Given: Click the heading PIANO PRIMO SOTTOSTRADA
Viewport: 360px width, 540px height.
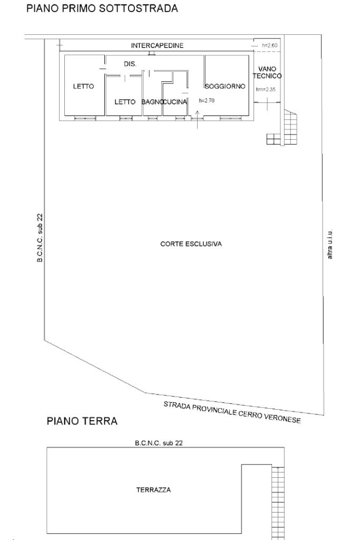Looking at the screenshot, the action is tap(102, 8).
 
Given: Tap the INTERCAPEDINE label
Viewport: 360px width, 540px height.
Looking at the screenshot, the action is tap(157, 45).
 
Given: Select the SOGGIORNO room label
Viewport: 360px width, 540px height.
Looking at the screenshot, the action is tap(225, 86).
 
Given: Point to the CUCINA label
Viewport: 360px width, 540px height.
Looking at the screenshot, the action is tap(176, 102).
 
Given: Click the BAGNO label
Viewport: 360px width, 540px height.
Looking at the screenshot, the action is tap(152, 102).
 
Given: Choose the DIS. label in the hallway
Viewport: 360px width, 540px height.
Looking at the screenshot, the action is tap(130, 63).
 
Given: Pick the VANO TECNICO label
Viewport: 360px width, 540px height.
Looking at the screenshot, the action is tap(267, 72).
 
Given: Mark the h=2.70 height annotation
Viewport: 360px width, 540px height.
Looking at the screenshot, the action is tap(206, 100).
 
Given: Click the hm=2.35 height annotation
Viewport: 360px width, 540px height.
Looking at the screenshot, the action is tap(266, 90).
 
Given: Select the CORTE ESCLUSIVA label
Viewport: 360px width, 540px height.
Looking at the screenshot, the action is tap(191, 244).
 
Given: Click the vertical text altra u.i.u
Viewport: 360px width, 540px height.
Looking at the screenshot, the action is tap(330, 245).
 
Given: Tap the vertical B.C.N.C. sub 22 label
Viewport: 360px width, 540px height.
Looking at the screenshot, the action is tap(40, 237).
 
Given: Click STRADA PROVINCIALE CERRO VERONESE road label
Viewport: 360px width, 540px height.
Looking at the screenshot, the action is tap(232, 413).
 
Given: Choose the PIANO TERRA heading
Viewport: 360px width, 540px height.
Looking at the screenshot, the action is tap(82, 422).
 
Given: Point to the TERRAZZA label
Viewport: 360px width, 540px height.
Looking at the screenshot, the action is tap(153, 490).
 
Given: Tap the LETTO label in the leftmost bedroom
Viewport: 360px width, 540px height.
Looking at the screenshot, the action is tap(83, 86).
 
